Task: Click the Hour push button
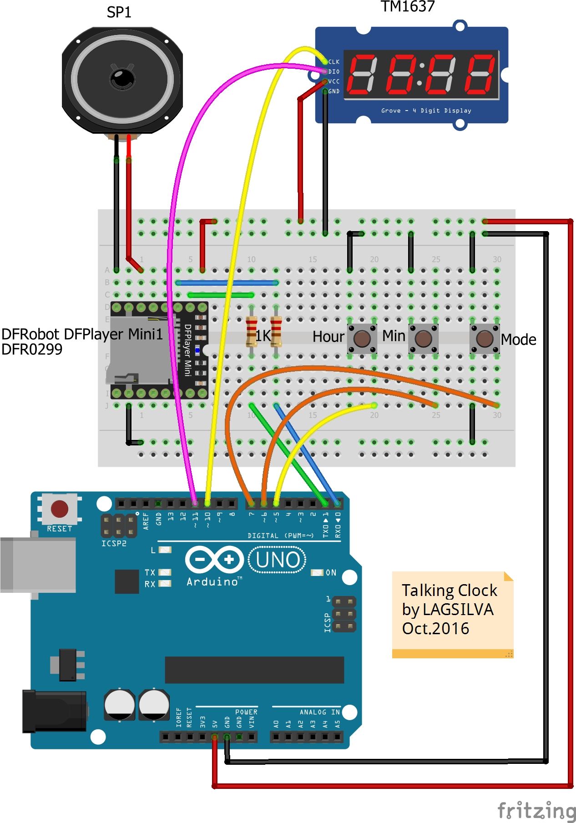pyautogui.click(x=362, y=338)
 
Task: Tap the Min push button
pyautogui.click(x=423, y=338)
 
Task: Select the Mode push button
pyautogui.click(x=485, y=338)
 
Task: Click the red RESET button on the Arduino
pyautogui.click(x=60, y=509)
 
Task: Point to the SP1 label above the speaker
pyautogui.click(x=119, y=12)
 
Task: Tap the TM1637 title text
pyautogui.click(x=408, y=6)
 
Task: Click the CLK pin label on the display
pyautogui.click(x=334, y=62)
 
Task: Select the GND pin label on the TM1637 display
pyautogui.click(x=334, y=91)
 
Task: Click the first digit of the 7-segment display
pyautogui.click(x=362, y=74)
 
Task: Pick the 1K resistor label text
pyautogui.click(x=263, y=336)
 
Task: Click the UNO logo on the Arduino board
pyautogui.click(x=278, y=560)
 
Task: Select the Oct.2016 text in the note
pyautogui.click(x=435, y=628)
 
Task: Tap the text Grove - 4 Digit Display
pyautogui.click(x=426, y=111)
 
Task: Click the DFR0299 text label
pyautogui.click(x=32, y=349)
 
